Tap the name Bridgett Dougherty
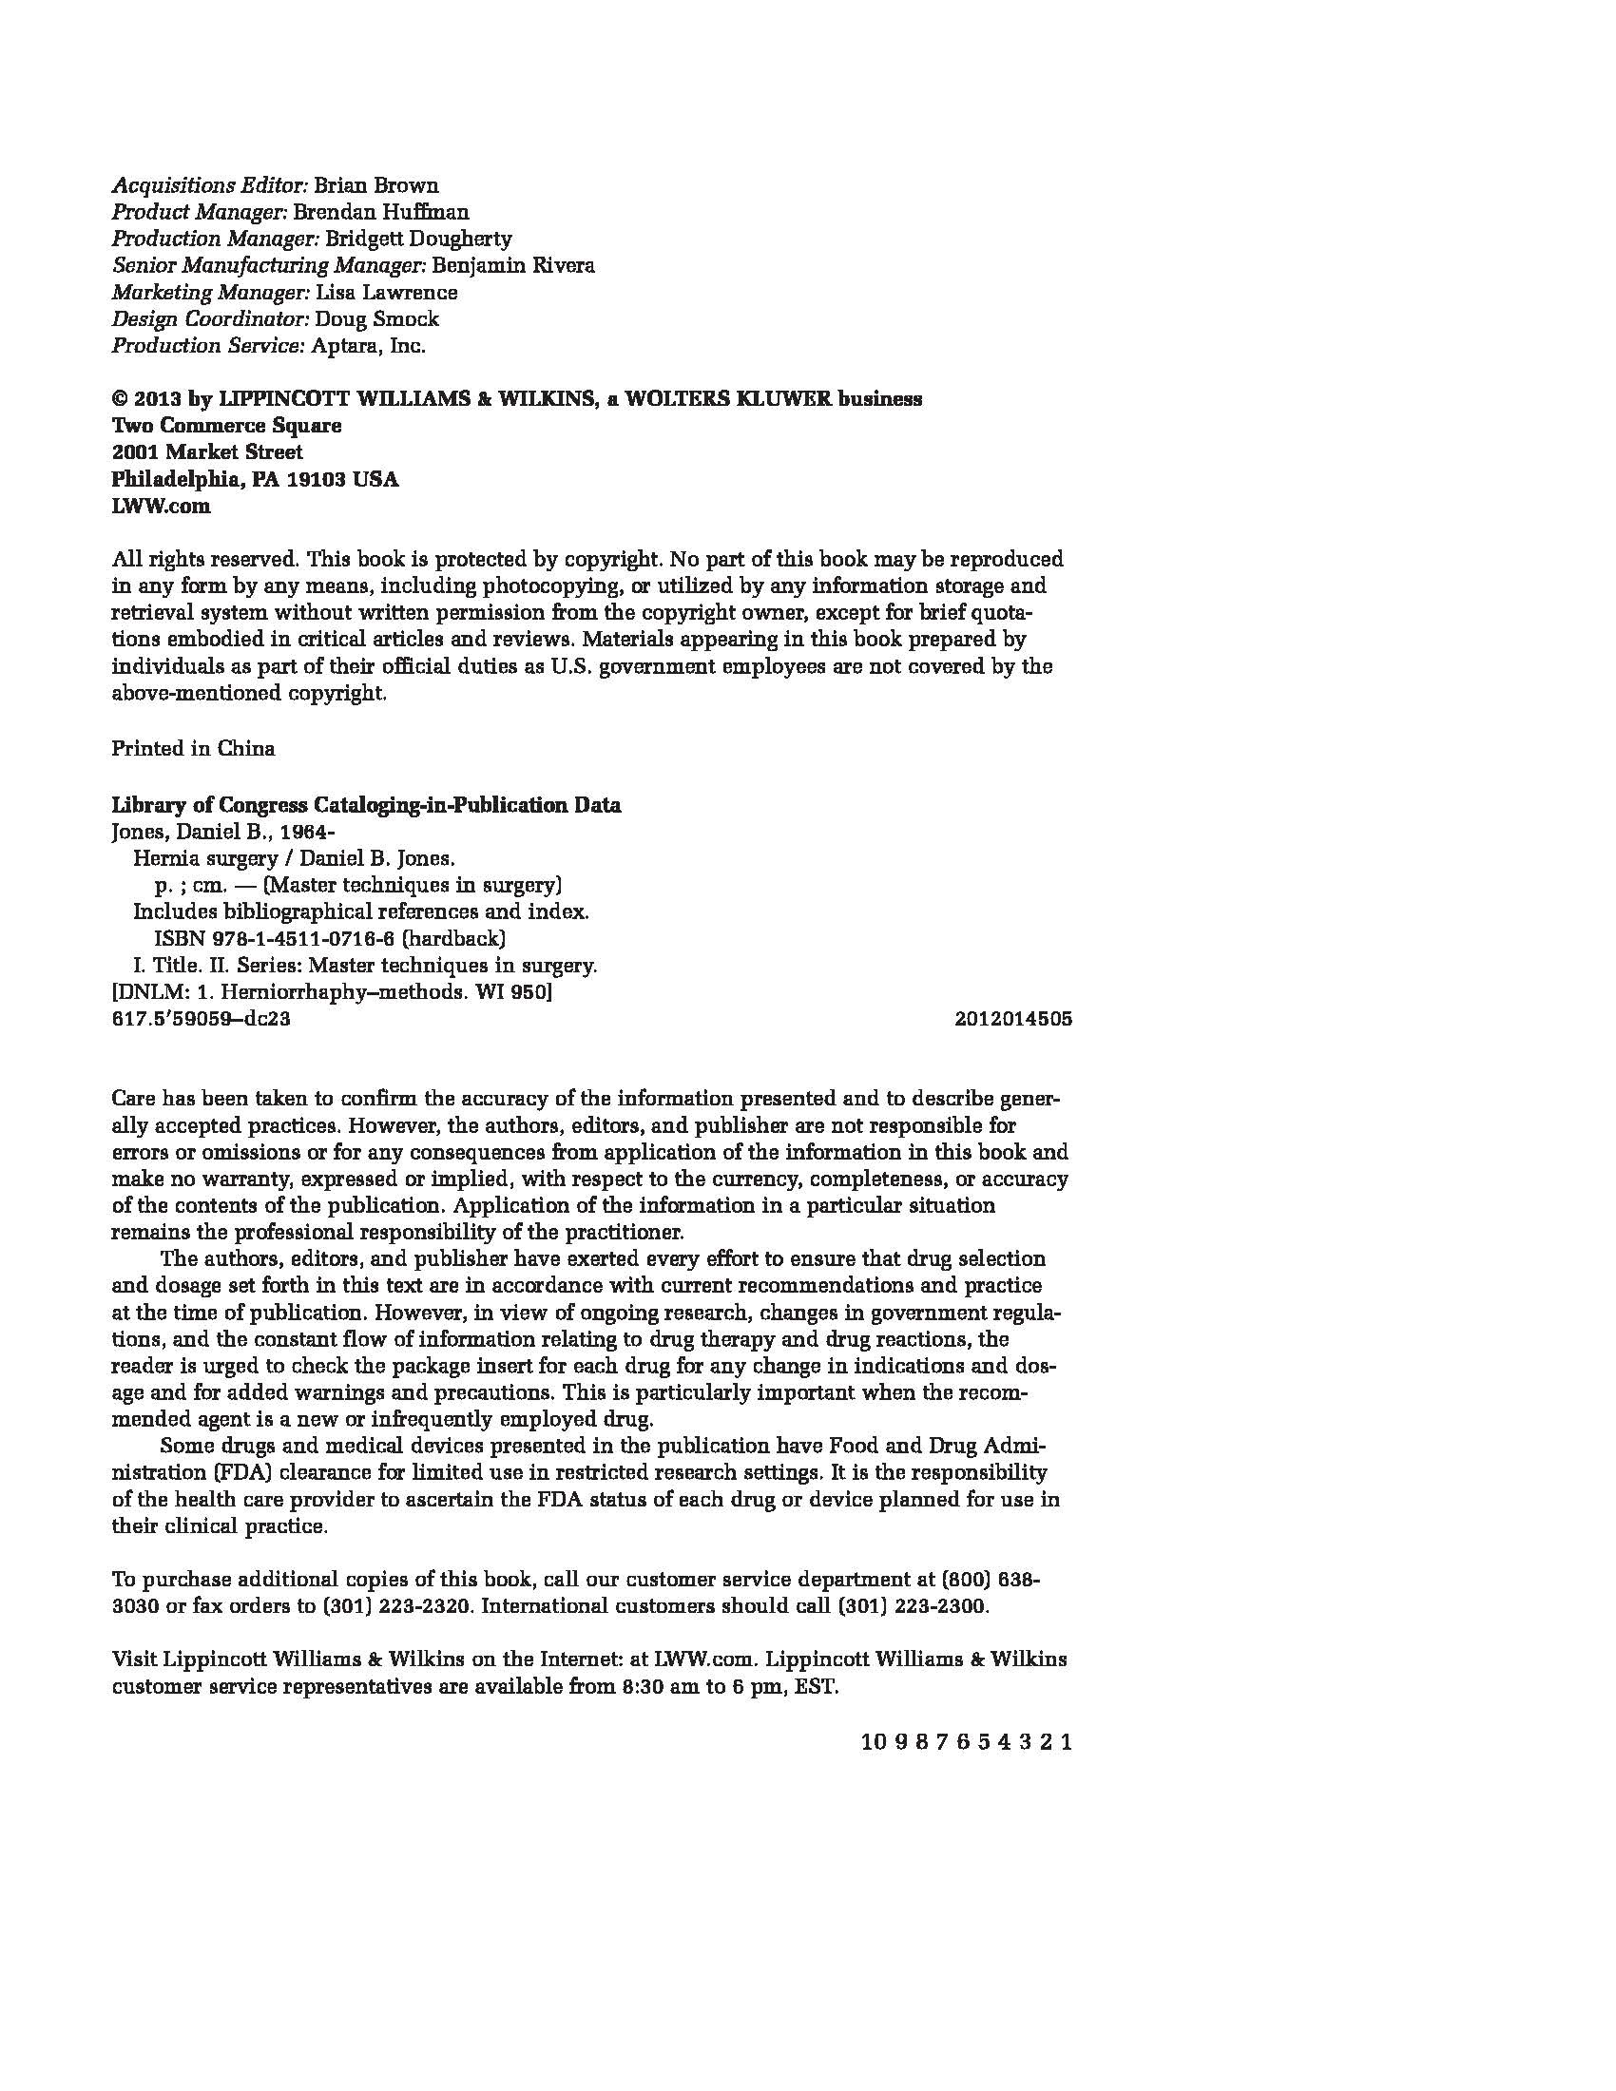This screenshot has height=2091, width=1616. pyautogui.click(x=418, y=239)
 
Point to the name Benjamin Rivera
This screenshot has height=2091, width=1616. pyautogui.click(x=513, y=265)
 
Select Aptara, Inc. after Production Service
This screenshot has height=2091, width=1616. pyautogui.click(x=369, y=346)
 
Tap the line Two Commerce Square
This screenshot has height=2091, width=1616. pyautogui.click(x=227, y=425)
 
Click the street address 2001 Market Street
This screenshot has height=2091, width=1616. pyautogui.click(x=208, y=451)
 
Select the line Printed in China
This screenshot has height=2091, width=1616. pyautogui.click(x=193, y=749)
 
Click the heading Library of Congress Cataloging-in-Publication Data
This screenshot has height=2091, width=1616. pyautogui.click(x=367, y=805)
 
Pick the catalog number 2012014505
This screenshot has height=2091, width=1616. pyautogui.click(x=1013, y=1019)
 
